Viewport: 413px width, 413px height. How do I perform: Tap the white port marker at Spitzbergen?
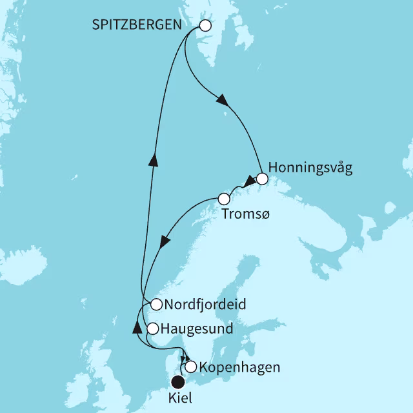205,26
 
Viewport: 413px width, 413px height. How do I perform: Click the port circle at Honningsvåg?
261,179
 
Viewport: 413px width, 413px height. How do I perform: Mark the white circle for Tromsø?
224,199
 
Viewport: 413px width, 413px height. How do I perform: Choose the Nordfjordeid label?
206,304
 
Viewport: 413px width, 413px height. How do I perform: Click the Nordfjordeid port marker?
156,304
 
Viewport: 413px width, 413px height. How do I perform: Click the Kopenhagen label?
239,368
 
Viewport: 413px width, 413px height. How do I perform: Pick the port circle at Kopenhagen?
191,367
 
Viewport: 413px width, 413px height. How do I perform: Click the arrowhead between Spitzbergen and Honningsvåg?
221,101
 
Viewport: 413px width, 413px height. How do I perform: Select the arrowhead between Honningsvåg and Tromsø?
247,182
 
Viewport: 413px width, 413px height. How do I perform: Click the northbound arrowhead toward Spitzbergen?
153,158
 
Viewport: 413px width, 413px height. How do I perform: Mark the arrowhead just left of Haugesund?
137,328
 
